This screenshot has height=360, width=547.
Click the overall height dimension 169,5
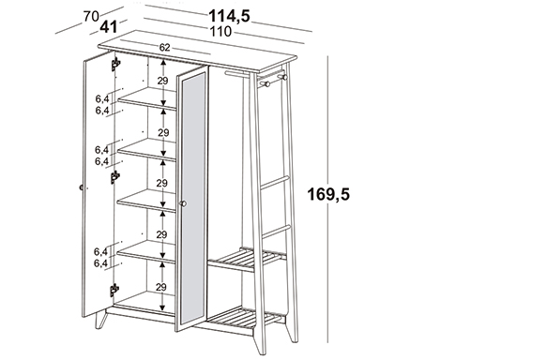[x=328, y=194]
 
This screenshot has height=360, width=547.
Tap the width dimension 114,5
[x=229, y=16]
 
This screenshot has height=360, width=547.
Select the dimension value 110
[x=220, y=31]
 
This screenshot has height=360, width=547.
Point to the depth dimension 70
[x=91, y=16]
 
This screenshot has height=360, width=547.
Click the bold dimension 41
[x=109, y=27]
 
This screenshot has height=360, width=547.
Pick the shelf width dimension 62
[x=164, y=48]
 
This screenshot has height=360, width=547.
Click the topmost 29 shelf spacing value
[x=162, y=81]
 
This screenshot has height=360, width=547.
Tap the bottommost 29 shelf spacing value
[x=160, y=288]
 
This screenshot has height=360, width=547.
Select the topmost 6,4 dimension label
[x=102, y=99]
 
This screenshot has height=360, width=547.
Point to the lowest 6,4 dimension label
[x=100, y=263]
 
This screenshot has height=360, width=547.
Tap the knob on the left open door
[x=82, y=187]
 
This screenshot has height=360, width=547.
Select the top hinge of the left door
[x=115, y=65]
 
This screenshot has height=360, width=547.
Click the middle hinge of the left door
[x=114, y=177]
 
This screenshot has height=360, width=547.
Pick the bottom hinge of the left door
[x=114, y=290]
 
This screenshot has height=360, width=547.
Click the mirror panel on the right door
[x=193, y=199]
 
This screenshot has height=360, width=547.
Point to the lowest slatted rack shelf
[x=244, y=318]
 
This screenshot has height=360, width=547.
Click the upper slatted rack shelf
[x=247, y=260]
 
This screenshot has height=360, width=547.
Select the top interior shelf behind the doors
[x=147, y=98]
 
